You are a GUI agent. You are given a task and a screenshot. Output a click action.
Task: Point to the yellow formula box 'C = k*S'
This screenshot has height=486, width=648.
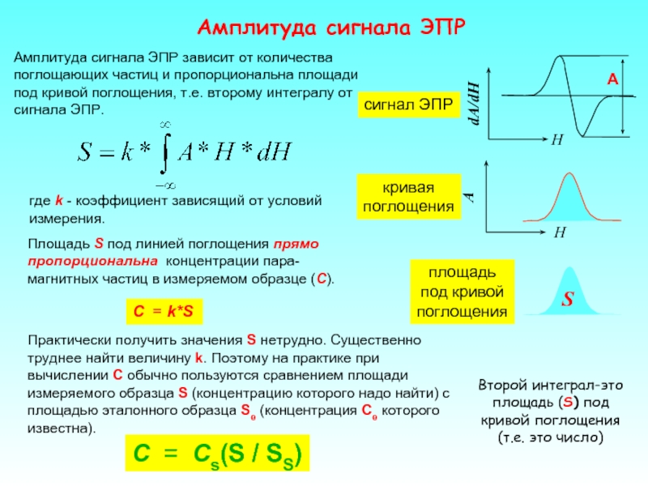tap(163, 311)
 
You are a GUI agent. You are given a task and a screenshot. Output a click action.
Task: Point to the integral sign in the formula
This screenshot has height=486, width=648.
tap(164, 151)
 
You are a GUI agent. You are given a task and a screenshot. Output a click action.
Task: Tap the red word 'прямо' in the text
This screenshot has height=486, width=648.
tap(296, 242)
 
